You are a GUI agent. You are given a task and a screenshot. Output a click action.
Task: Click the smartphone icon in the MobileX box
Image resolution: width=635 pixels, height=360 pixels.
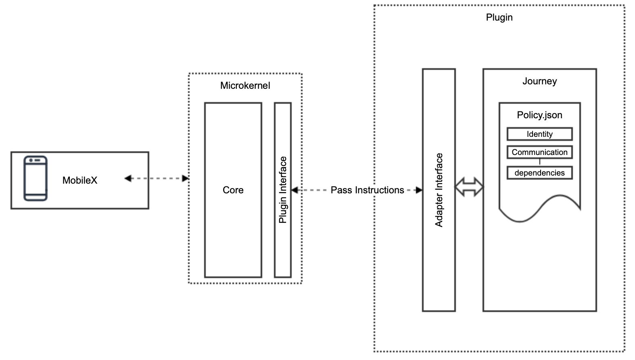click(x=36, y=178)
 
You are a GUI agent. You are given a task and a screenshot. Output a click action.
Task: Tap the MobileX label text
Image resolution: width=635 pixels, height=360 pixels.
click(x=79, y=180)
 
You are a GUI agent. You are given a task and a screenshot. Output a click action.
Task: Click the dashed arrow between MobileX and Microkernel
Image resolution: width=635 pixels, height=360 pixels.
click(x=157, y=178)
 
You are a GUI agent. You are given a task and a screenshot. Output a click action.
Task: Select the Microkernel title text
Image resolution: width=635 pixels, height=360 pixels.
click(x=245, y=86)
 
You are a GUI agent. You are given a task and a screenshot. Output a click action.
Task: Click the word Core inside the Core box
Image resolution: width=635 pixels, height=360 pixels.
click(x=233, y=190)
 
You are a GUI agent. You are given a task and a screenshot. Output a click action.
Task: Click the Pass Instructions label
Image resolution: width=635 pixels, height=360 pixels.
click(x=367, y=190)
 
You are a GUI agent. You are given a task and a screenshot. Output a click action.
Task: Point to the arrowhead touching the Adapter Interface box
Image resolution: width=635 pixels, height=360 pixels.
click(x=419, y=190)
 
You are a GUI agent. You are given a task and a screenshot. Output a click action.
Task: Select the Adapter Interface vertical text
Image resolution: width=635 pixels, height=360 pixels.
click(x=439, y=190)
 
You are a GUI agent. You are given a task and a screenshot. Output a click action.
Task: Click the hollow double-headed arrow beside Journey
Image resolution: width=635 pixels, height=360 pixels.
click(x=469, y=187)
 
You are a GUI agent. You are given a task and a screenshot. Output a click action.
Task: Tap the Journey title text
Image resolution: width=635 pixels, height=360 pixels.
click(x=539, y=81)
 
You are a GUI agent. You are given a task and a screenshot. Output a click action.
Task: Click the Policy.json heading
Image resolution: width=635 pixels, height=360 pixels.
click(x=539, y=115)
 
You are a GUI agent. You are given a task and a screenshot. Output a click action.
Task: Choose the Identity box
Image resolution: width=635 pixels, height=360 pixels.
click(x=539, y=134)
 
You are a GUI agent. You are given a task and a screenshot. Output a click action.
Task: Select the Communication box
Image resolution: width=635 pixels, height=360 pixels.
click(x=539, y=152)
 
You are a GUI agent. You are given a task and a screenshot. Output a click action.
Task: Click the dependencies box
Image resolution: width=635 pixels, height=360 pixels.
click(x=539, y=173)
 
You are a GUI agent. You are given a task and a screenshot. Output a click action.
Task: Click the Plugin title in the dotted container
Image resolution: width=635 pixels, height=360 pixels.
click(x=499, y=17)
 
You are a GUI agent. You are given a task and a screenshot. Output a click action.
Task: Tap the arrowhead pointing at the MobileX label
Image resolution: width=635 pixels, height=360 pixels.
click(x=128, y=178)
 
